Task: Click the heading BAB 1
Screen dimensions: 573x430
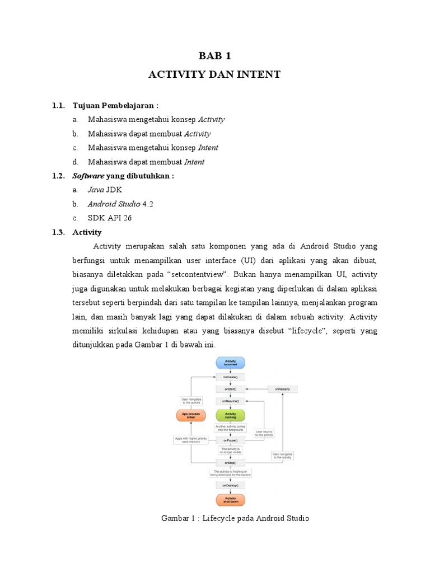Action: pos(214,55)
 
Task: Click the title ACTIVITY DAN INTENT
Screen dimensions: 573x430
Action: pos(214,74)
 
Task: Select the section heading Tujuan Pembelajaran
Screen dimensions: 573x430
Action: pos(115,105)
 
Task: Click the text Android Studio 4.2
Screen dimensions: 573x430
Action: pos(120,204)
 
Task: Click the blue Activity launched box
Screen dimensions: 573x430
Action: pos(231,363)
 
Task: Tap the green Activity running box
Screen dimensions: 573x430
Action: pos(231,415)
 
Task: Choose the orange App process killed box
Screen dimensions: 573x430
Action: pos(191,415)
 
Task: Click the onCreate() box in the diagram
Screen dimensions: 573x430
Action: pos(231,377)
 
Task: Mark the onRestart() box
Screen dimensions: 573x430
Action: pos(282,389)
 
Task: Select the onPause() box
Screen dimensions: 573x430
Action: pos(231,440)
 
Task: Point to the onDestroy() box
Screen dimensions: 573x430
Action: pos(231,485)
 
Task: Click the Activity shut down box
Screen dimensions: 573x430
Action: pos(231,499)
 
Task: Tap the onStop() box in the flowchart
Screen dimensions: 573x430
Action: pos(231,463)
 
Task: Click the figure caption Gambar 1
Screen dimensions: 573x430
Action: pos(235,518)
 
